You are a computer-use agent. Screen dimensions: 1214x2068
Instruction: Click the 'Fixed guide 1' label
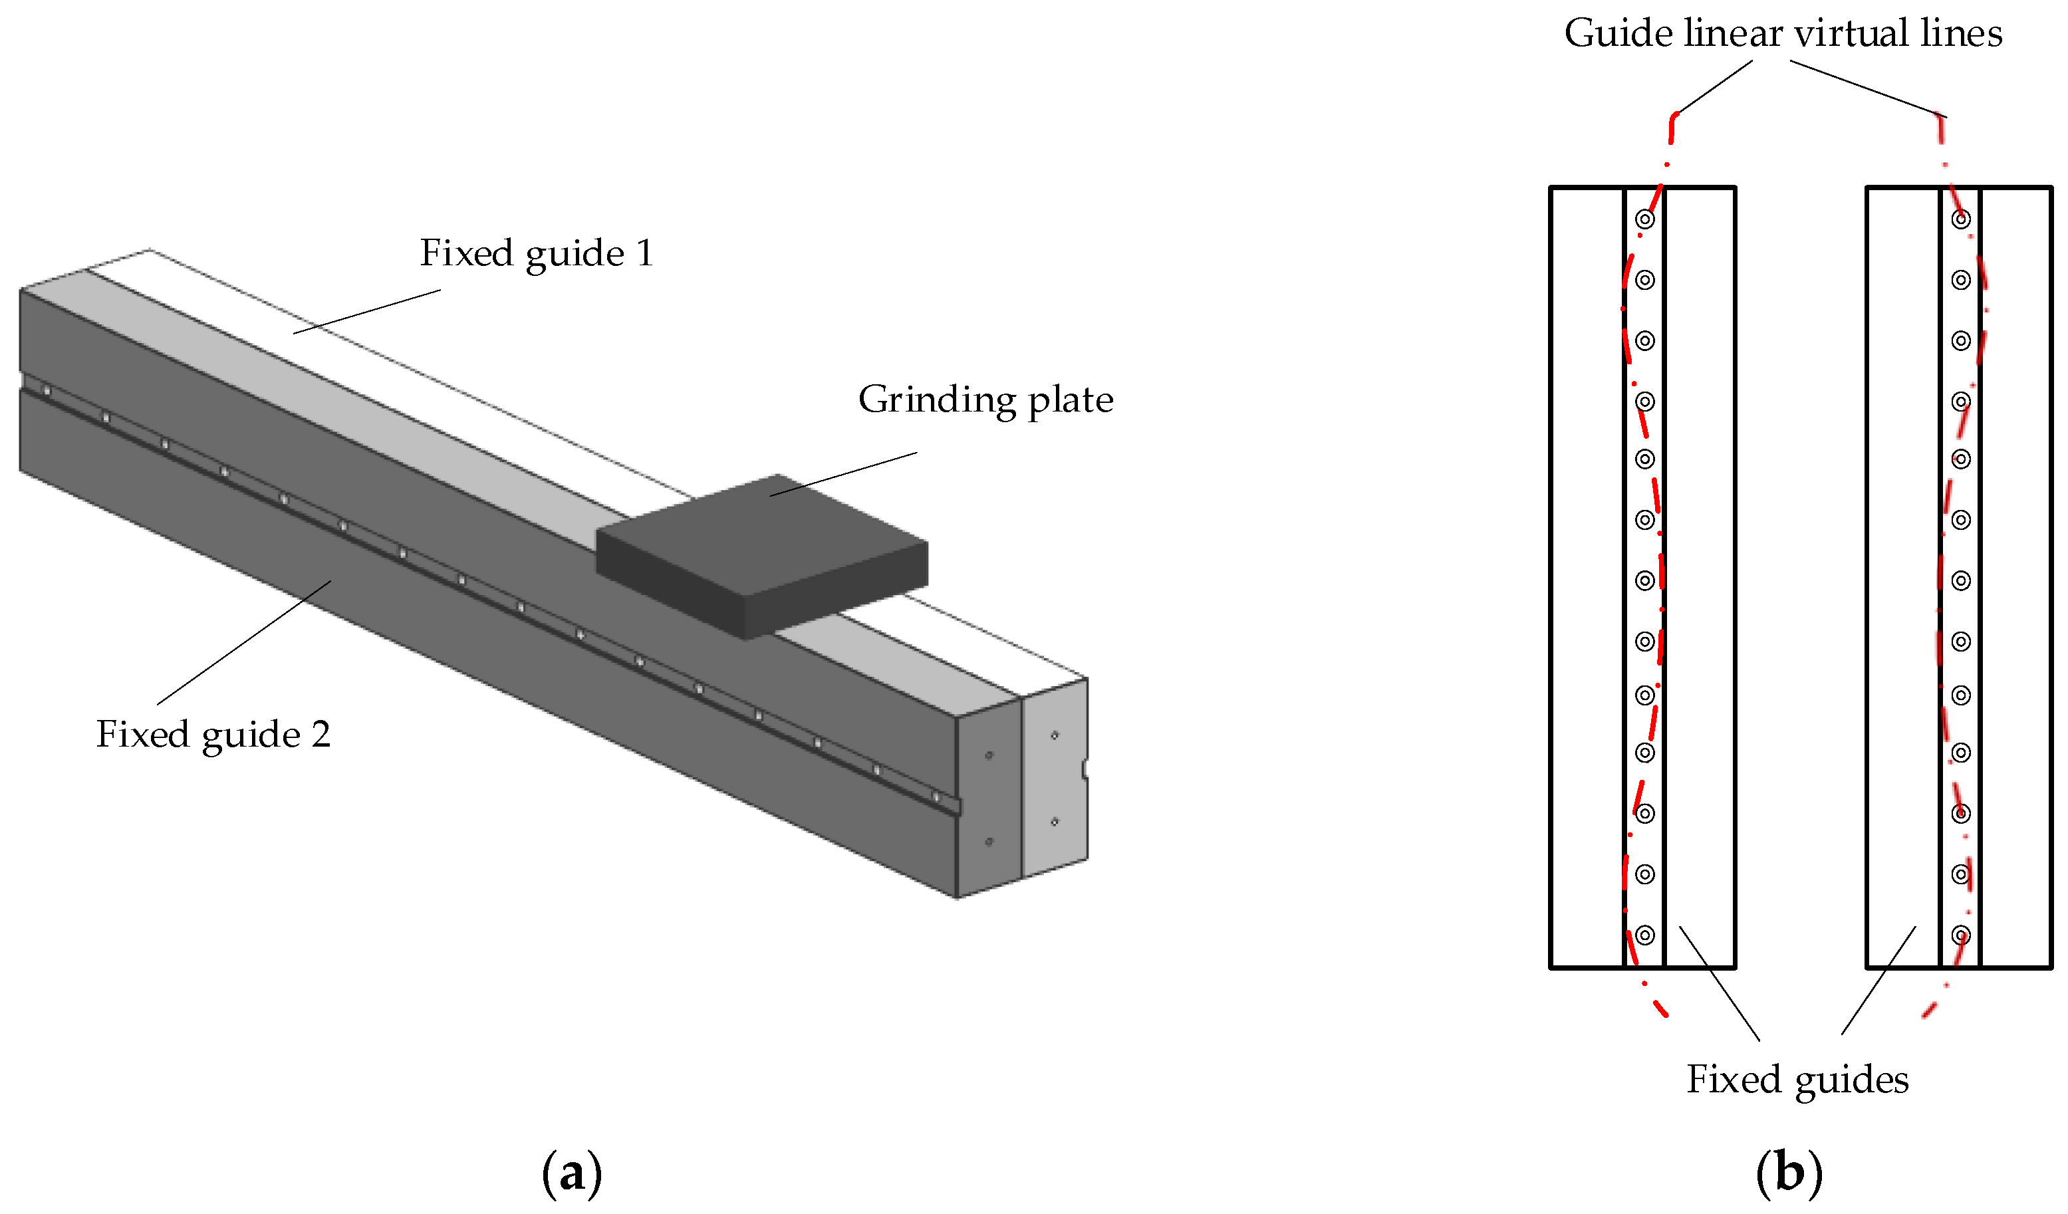537,253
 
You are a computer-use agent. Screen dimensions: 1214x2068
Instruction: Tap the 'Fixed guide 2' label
213,735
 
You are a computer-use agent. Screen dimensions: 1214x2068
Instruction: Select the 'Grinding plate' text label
985,400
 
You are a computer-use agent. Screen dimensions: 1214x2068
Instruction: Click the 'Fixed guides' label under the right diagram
1797,1080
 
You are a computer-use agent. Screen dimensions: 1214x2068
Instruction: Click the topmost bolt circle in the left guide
1644,219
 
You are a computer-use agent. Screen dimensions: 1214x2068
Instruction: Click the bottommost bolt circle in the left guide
1644,935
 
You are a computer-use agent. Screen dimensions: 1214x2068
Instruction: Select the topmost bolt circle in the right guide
1960,219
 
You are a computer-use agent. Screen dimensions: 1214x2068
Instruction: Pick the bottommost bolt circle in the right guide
1960,935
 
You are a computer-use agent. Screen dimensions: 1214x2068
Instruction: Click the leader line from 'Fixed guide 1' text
367,311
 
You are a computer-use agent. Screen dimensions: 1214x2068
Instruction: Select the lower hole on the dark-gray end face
989,842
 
